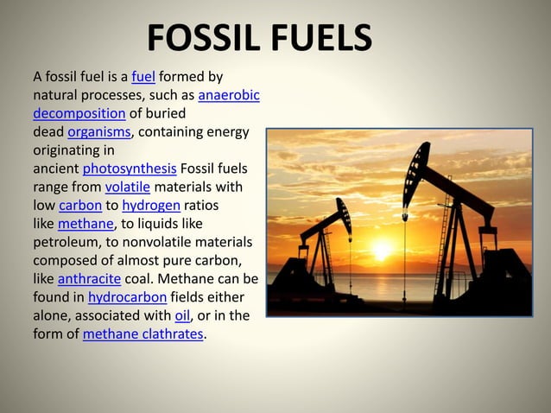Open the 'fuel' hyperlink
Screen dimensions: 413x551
point(143,76)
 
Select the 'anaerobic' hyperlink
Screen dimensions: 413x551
point(229,94)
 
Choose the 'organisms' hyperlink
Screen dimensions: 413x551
point(98,131)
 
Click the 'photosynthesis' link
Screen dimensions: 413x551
point(130,168)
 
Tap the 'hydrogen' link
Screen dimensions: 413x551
point(150,205)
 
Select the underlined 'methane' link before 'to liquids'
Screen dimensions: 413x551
point(85,224)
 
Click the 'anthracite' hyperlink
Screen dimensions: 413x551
point(88,279)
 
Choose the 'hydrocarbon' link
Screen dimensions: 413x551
point(127,297)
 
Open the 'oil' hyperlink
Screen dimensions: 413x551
point(181,315)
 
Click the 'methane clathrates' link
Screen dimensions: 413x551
point(143,334)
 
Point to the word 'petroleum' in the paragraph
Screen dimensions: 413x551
point(66,242)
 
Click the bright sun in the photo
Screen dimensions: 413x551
point(380,250)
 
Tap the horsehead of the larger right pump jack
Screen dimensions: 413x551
point(416,163)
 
